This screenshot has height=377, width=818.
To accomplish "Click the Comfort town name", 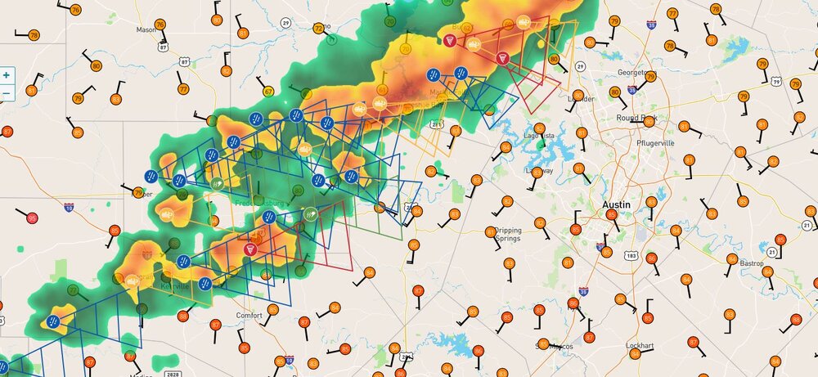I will (249, 315).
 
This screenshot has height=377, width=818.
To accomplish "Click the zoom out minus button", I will (7, 92).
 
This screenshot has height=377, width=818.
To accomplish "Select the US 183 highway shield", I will (631, 256).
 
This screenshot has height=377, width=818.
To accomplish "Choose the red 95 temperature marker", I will (32, 218).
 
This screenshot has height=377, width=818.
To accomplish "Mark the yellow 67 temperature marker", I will (268, 91).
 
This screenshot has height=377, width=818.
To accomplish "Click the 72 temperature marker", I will (318, 29).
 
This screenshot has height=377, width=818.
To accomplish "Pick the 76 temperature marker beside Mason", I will (75, 10).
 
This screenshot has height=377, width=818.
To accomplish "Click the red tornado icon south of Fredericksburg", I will (251, 249).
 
